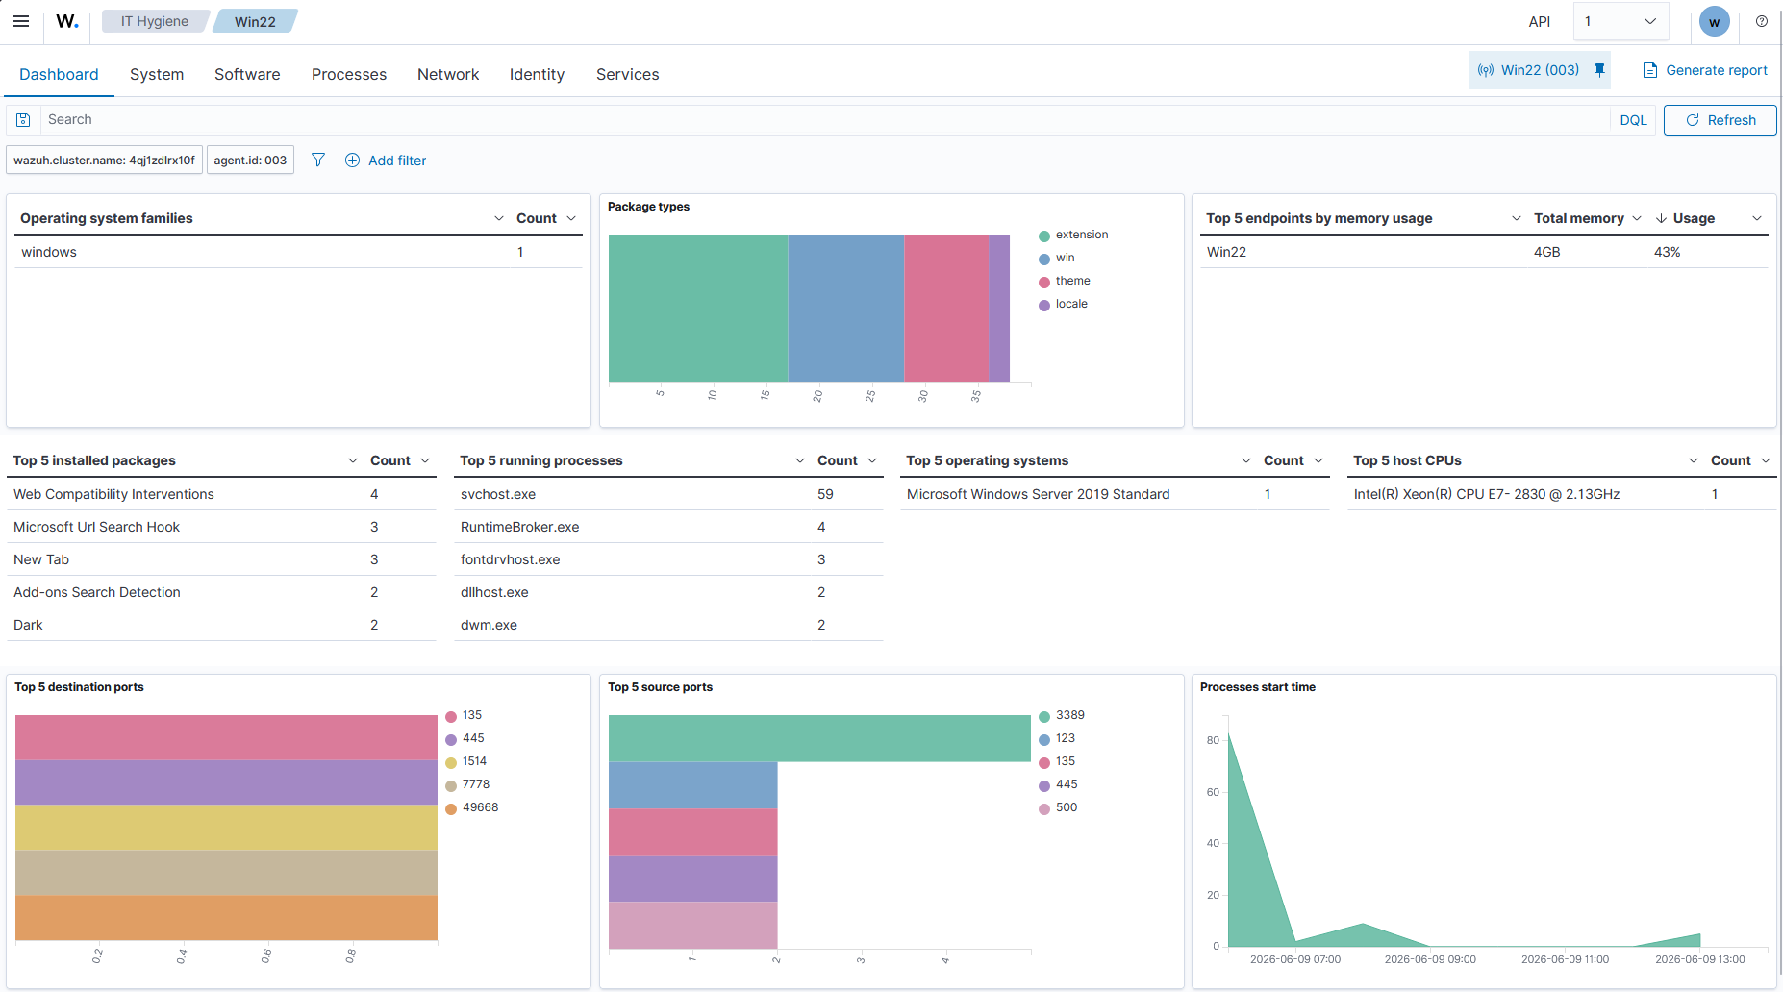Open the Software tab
pyautogui.click(x=247, y=74)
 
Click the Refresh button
pyautogui.click(x=1720, y=120)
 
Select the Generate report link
pyautogui.click(x=1704, y=70)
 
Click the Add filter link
pyautogui.click(x=386, y=161)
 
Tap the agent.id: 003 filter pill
pyautogui.click(x=250, y=161)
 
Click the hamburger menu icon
pyautogui.click(x=21, y=21)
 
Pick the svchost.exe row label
pyautogui.click(x=498, y=494)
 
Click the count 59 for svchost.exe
pyautogui.click(x=825, y=494)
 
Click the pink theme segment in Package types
pyautogui.click(x=946, y=309)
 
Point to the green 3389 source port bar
pyautogui.click(x=819, y=738)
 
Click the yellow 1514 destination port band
pyautogui.click(x=226, y=828)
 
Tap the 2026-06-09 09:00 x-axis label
pyautogui.click(x=1430, y=959)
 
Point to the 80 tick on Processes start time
pyautogui.click(x=1213, y=740)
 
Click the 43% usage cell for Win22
pyautogui.click(x=1667, y=252)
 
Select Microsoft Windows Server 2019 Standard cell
pyautogui.click(x=1038, y=494)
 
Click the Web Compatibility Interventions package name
pyautogui.click(x=113, y=494)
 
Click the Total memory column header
pyautogui.click(x=1578, y=218)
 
